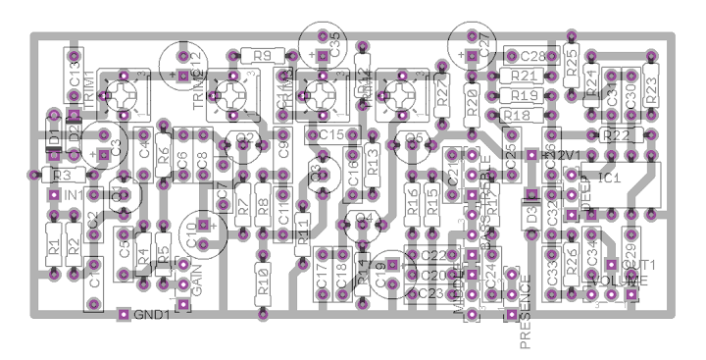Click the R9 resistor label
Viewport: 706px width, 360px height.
click(262, 56)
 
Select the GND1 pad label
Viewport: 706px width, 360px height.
click(152, 315)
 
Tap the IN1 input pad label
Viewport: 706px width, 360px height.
click(75, 194)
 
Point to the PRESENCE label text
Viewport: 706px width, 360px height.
click(526, 312)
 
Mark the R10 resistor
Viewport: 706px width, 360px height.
click(263, 285)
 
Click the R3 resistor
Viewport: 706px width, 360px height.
click(61, 175)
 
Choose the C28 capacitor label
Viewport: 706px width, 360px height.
click(533, 56)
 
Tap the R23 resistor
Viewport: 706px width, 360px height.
click(651, 76)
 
